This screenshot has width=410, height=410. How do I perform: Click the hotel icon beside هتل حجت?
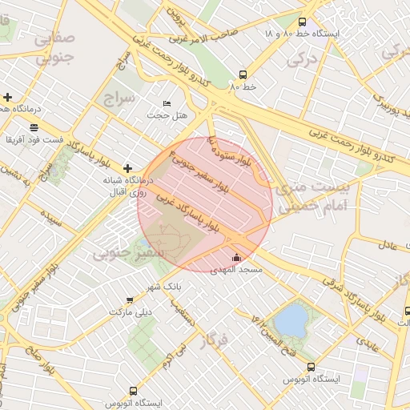coord(167,104)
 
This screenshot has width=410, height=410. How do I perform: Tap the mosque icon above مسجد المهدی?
coord(235,258)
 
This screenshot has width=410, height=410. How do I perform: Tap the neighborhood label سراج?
coord(120,97)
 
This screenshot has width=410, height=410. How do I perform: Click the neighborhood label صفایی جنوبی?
coord(54,47)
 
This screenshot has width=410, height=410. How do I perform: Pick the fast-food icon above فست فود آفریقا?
coord(34,127)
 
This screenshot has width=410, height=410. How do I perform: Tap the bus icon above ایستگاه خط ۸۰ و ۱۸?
coord(301,22)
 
